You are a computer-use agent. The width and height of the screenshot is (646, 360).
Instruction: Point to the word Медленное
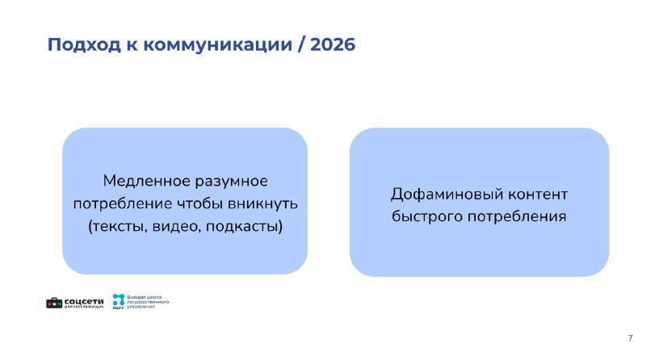(x=142, y=179)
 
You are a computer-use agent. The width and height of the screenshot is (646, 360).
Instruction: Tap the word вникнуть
(x=264, y=202)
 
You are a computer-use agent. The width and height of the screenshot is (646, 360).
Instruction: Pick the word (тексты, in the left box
(x=118, y=225)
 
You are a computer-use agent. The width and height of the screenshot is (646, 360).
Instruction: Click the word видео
(x=177, y=225)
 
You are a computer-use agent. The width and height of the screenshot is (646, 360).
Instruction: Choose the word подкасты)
(x=244, y=225)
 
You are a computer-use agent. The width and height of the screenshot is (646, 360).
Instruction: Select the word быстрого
(x=424, y=217)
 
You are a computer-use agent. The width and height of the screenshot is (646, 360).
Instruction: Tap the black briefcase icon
(x=53, y=303)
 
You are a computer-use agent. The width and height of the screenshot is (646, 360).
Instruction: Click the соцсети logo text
(x=83, y=302)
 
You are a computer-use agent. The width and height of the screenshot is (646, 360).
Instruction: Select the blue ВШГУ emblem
(x=119, y=301)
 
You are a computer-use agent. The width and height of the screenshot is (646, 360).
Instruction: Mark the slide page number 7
(x=630, y=338)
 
